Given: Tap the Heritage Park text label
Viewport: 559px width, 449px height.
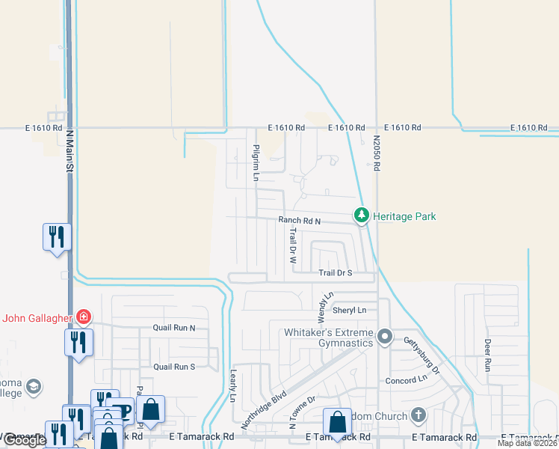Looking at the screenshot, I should click(404, 216).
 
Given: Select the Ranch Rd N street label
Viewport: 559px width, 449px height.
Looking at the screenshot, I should click(299, 221).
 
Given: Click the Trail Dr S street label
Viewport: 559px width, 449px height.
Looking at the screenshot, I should click(335, 274).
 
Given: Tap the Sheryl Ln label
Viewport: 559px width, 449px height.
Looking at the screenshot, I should click(350, 310).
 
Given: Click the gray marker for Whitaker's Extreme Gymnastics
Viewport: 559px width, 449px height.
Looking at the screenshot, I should click(385, 336).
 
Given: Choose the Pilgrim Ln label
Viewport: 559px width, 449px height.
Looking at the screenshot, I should click(256, 163).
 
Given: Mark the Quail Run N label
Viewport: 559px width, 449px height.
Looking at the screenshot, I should click(173, 328).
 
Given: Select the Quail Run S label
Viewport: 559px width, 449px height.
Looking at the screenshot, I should click(173, 367).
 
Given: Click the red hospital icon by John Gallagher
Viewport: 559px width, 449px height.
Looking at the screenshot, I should click(83, 317).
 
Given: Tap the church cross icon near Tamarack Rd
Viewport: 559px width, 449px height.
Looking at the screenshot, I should click(418, 415).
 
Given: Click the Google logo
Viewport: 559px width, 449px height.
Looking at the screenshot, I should click(24, 440).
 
